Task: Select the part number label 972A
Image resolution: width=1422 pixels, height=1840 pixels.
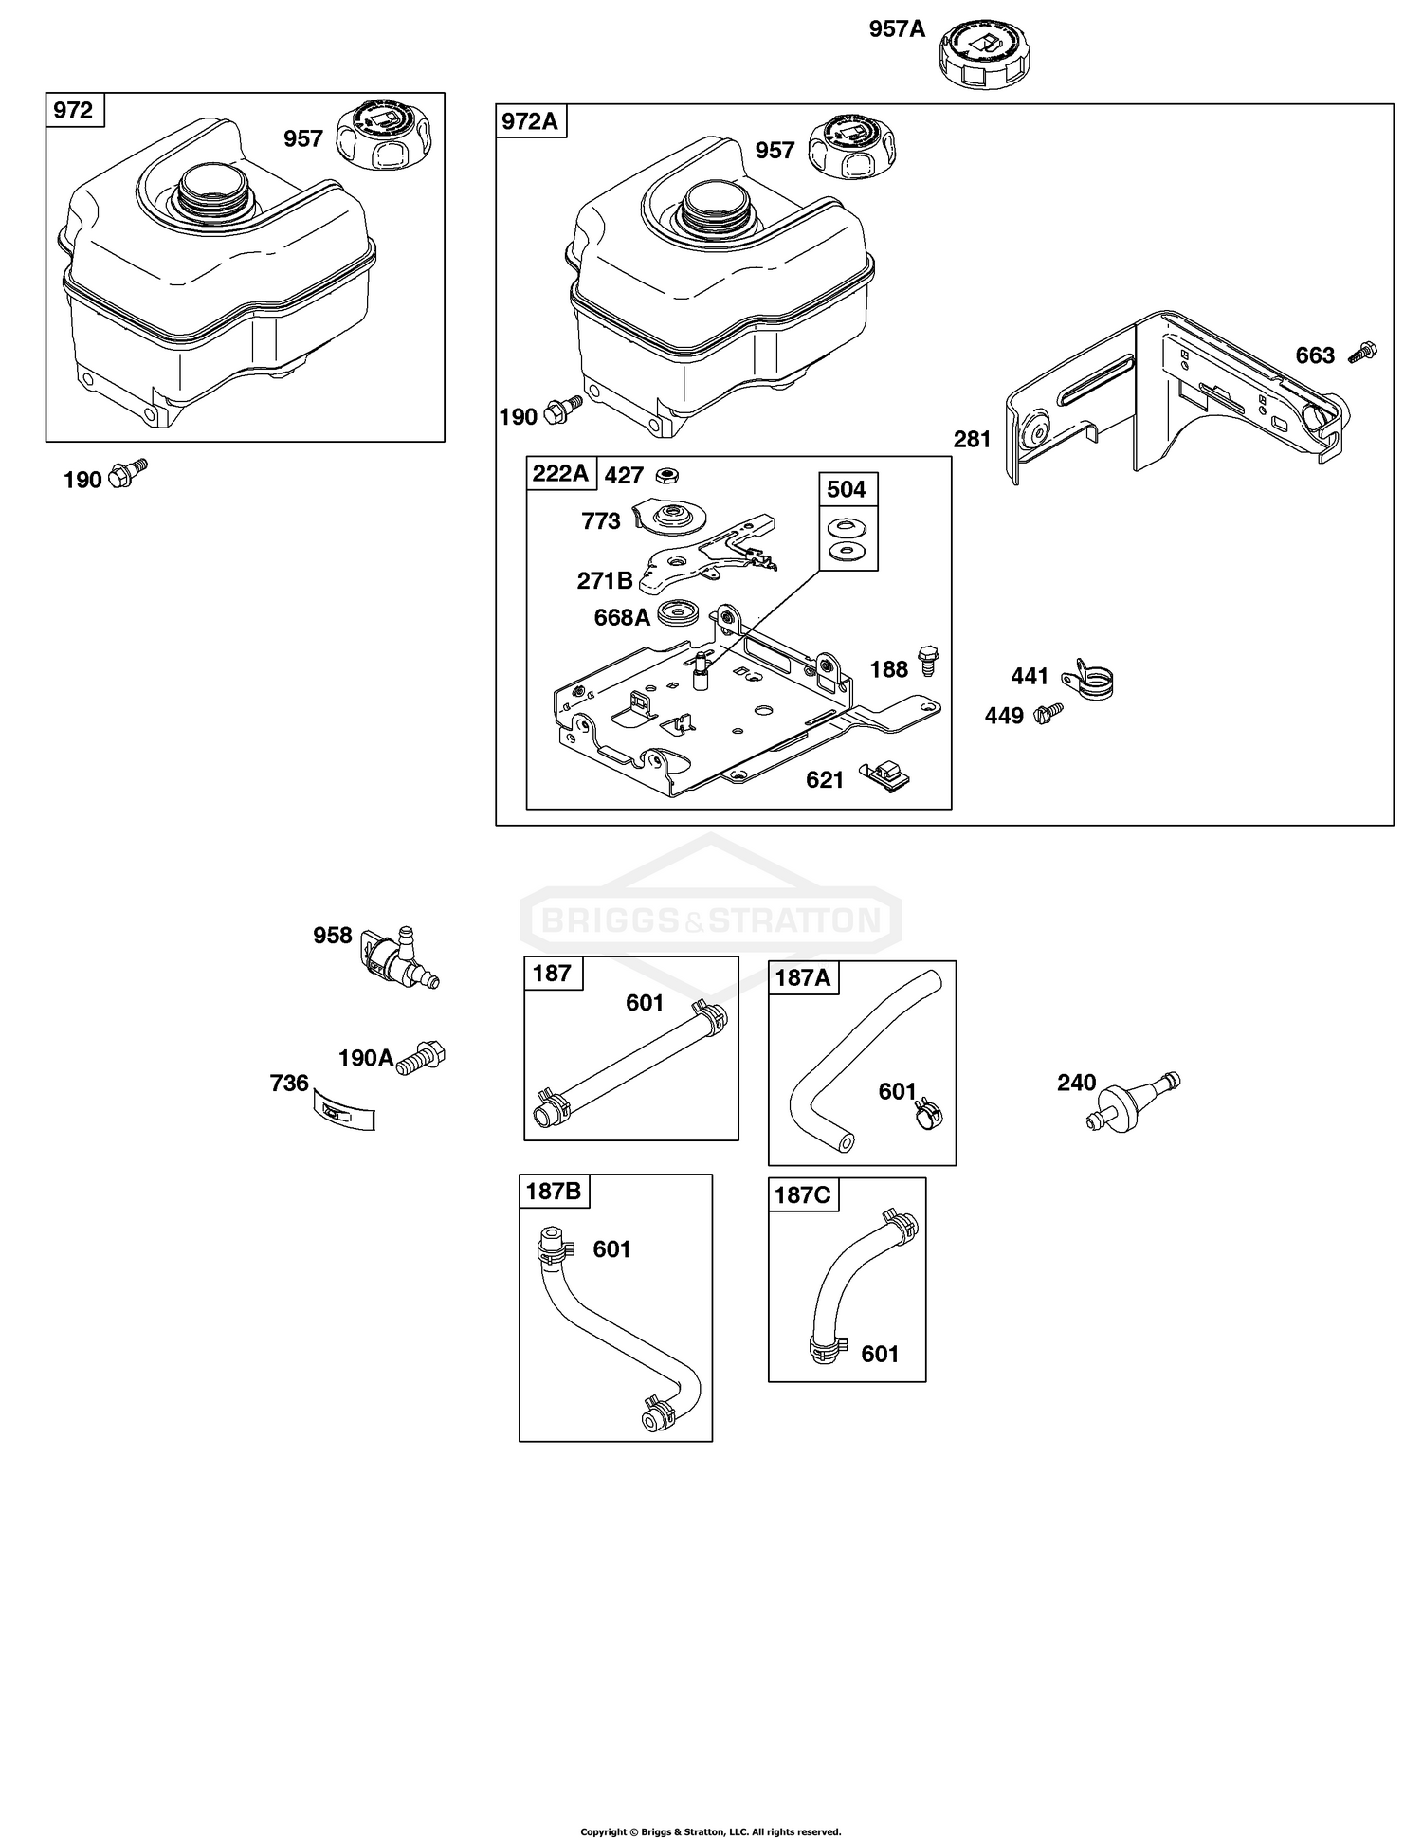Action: (x=530, y=121)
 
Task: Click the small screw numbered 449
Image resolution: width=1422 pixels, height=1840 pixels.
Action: (x=1049, y=710)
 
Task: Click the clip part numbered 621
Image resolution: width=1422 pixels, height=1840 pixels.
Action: (x=885, y=775)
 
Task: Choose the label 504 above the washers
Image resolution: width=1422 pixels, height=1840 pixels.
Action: (x=847, y=489)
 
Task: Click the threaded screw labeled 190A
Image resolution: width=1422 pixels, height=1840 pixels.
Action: (x=422, y=1057)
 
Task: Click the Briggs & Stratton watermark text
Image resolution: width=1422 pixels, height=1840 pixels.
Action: (x=711, y=920)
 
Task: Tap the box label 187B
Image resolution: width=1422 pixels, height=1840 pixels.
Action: (x=554, y=1191)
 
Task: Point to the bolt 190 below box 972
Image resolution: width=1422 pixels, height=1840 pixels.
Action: (x=128, y=473)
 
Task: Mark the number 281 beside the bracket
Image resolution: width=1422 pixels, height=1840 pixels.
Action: (x=973, y=439)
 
